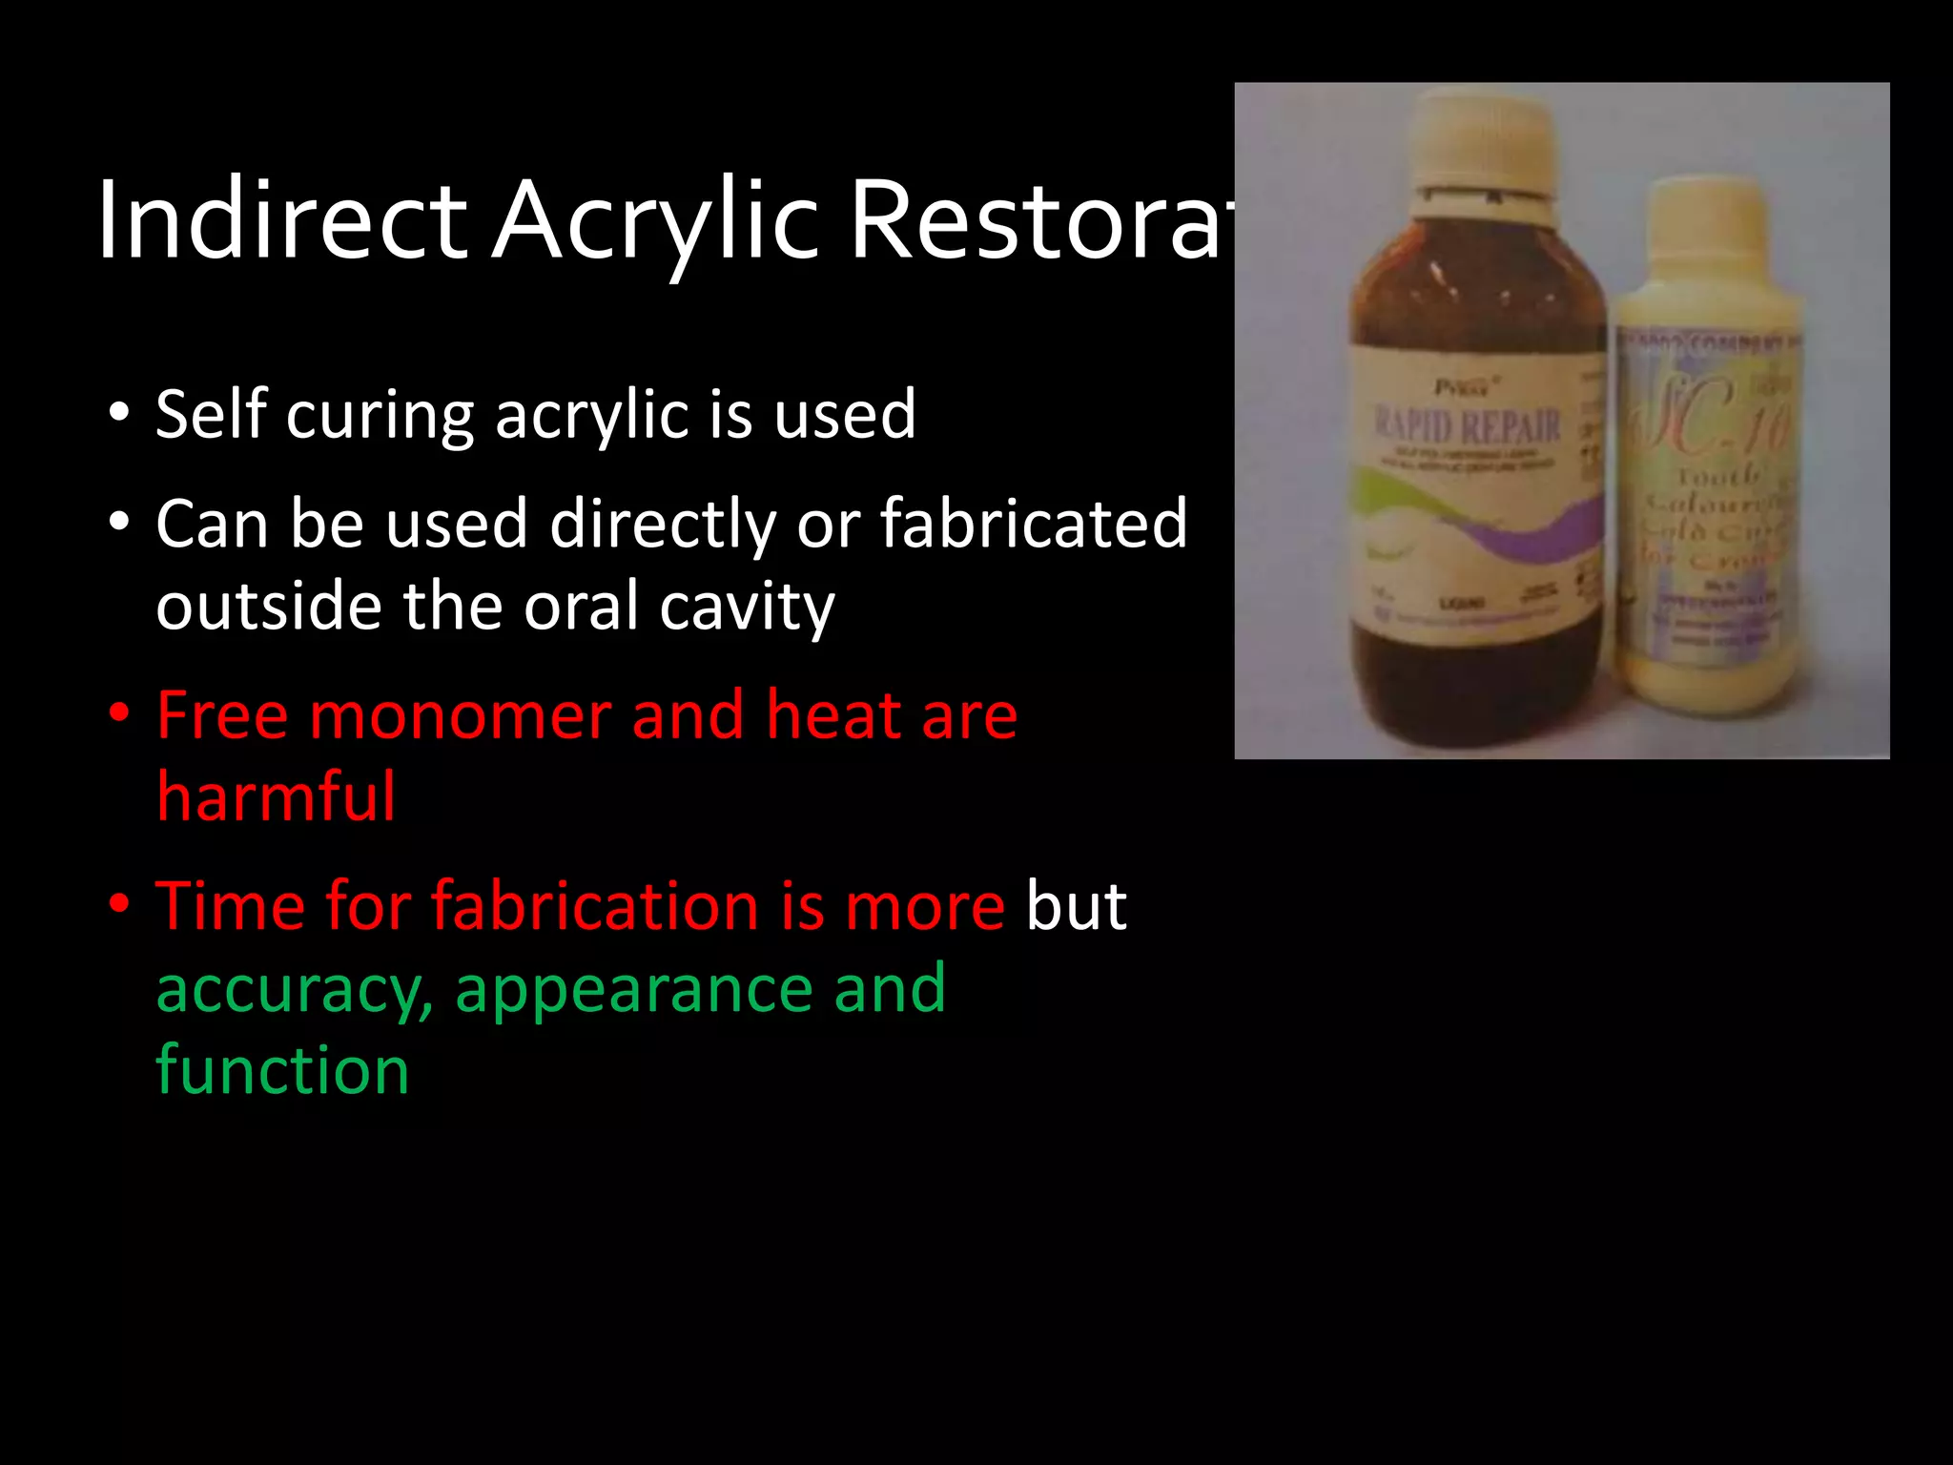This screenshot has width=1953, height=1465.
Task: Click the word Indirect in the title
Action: (x=281, y=221)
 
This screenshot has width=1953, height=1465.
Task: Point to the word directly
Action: (x=663, y=525)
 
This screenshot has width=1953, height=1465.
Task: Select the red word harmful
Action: (x=276, y=796)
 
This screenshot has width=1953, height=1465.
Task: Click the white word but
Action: (x=1076, y=906)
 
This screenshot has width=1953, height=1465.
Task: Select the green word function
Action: (x=282, y=1070)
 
